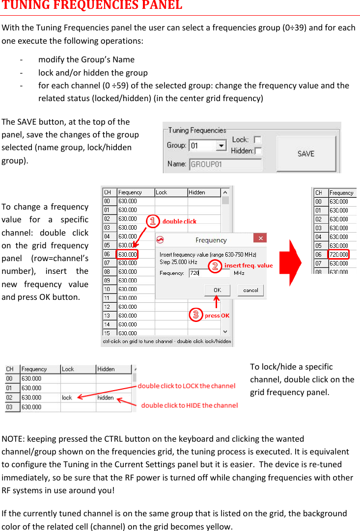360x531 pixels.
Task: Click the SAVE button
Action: click(305, 154)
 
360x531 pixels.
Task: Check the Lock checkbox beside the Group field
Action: click(257, 140)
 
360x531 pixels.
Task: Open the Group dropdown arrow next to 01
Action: click(221, 146)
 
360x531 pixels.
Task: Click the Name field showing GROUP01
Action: click(225, 164)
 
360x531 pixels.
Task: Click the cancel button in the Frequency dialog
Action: click(250, 290)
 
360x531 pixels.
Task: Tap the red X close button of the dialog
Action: click(260, 239)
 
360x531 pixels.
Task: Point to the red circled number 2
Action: click(215, 266)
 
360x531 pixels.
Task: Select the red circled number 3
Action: click(195, 315)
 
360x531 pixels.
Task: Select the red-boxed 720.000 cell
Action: click(338, 254)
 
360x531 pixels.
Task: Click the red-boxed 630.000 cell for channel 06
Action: click(127, 254)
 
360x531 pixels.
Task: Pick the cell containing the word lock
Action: click(78, 398)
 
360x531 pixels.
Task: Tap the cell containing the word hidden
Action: click(113, 398)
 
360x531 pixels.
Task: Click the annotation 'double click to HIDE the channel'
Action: click(190, 405)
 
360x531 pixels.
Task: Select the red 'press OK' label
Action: click(217, 316)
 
